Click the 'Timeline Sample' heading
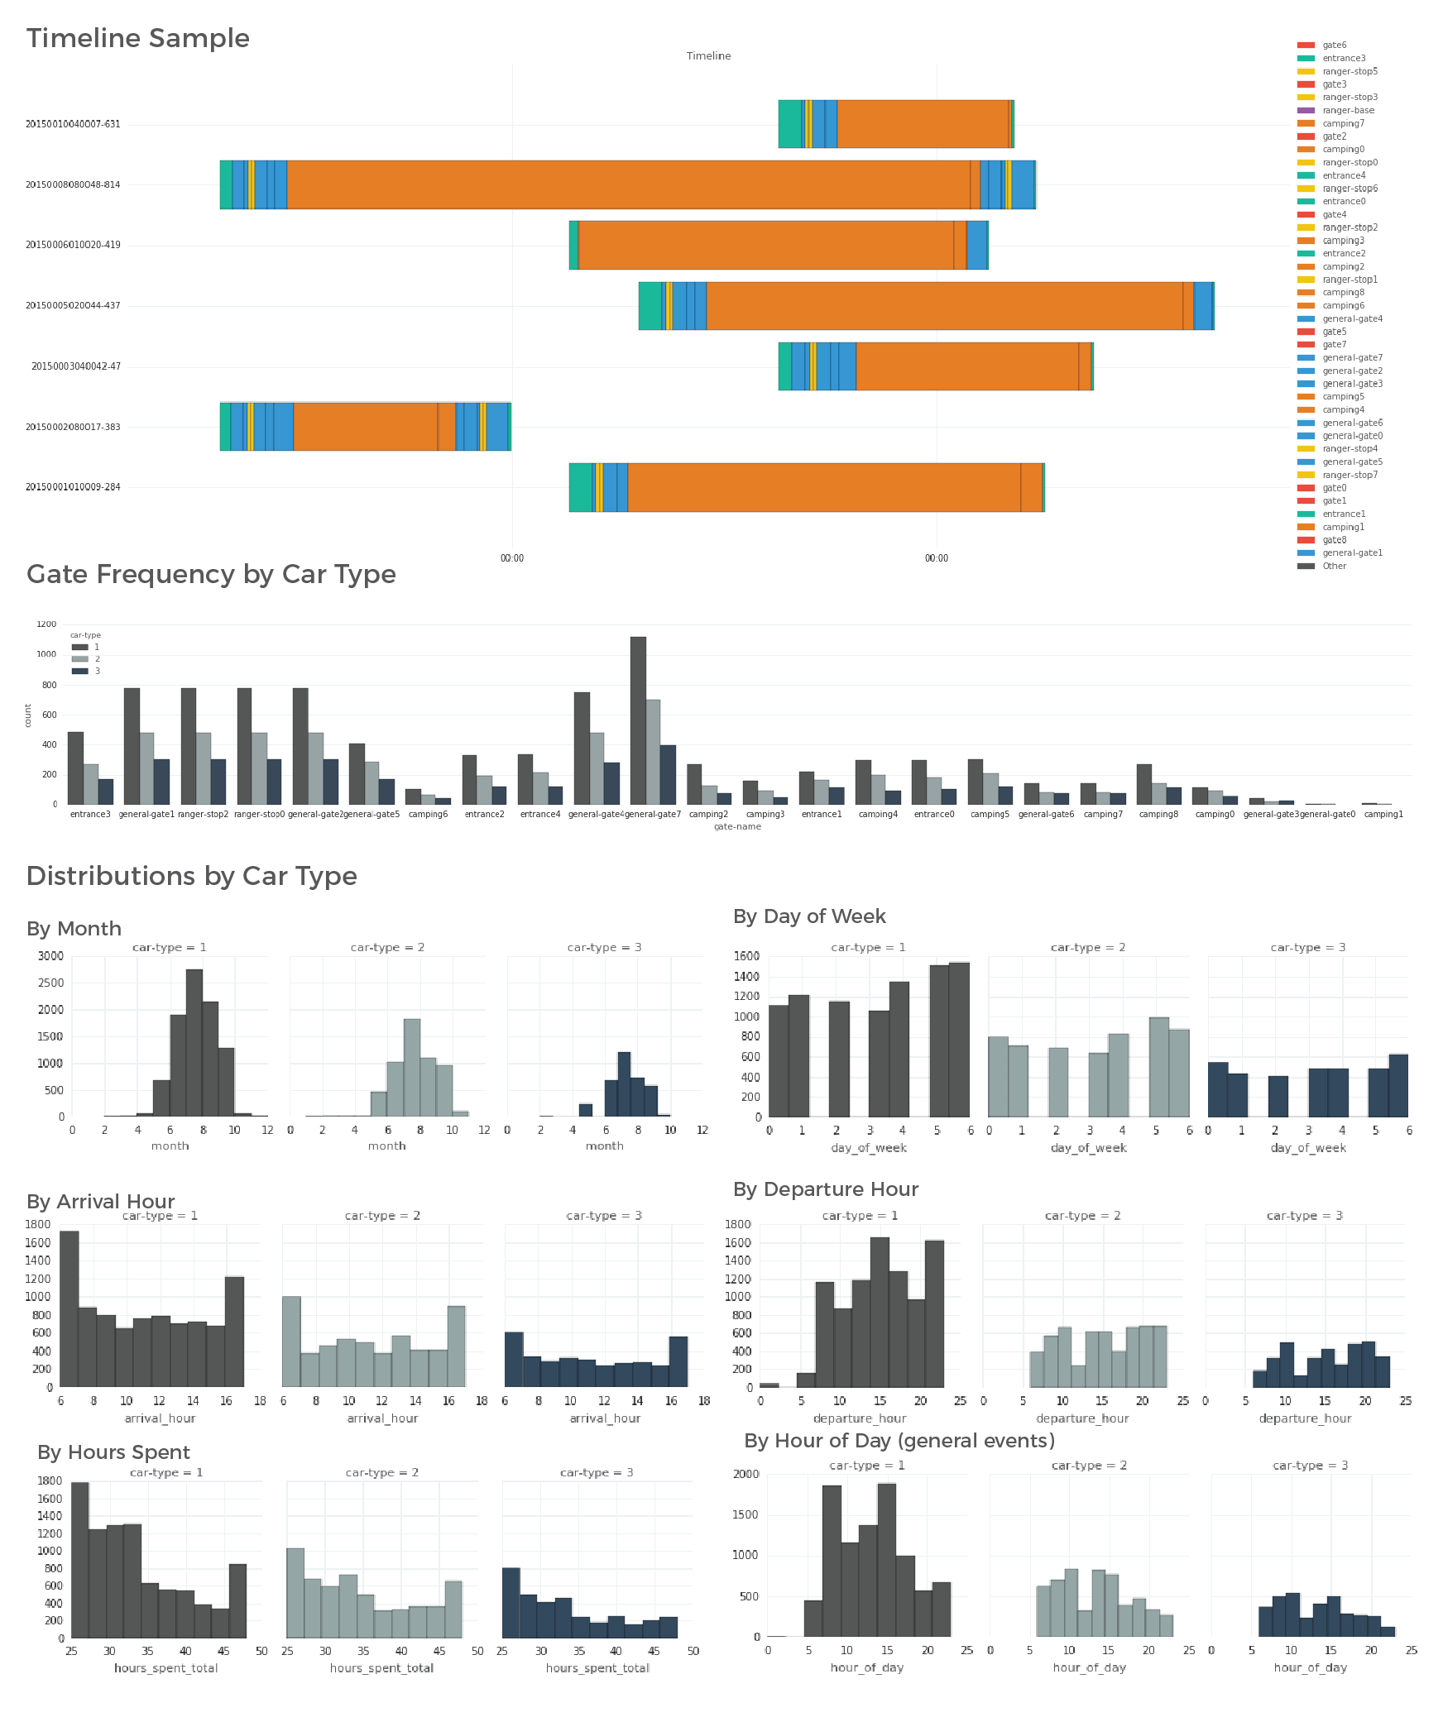[x=137, y=38]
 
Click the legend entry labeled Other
[x=1334, y=566]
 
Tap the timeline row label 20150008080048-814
[x=73, y=184]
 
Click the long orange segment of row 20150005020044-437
[x=943, y=306]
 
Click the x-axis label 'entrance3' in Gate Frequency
[x=90, y=814]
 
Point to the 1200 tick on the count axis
[x=46, y=624]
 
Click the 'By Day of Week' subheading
[x=809, y=916]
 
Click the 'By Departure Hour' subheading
[x=826, y=1189]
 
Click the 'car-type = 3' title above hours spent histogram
[x=597, y=1472]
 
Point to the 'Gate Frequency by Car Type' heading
[x=211, y=574]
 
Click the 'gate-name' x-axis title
[x=737, y=826]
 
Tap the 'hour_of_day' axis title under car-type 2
[x=1089, y=1667]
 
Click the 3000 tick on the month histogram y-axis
[x=50, y=956]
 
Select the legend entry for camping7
[x=1342, y=123]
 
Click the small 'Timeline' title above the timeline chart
[x=708, y=56]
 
